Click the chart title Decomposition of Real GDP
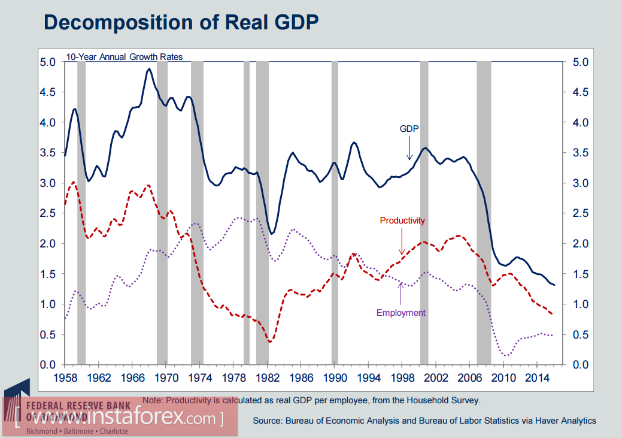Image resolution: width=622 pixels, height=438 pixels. point(181,22)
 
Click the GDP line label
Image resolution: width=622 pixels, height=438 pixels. point(409,129)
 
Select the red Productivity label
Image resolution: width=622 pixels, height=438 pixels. point(402,220)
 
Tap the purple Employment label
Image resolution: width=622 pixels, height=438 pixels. point(400,312)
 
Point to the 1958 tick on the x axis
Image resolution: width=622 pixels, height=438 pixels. point(65,378)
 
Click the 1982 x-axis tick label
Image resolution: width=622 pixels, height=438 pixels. point(268,378)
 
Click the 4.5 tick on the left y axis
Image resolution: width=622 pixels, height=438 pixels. point(48,92)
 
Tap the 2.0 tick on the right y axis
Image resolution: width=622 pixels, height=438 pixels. point(581,244)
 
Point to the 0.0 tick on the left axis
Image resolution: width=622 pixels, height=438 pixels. point(48,365)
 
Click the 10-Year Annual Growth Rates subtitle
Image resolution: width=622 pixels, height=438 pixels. point(125,57)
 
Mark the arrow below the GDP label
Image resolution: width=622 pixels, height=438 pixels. point(410,147)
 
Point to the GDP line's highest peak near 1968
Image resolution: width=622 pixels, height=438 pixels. point(149,69)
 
